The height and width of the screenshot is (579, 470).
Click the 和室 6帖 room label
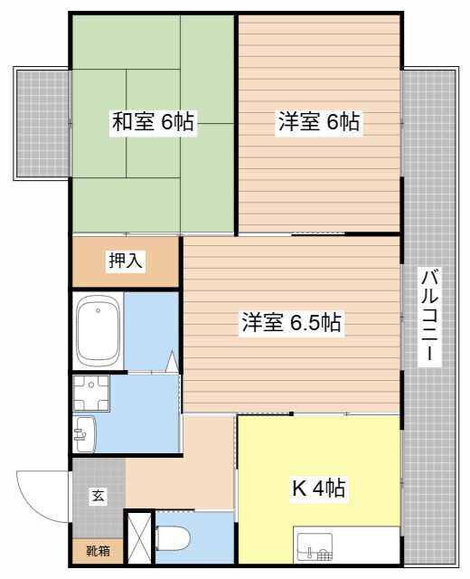coord(153,122)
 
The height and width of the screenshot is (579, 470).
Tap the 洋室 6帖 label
coord(319,122)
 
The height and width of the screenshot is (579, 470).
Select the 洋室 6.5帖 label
coord(291,322)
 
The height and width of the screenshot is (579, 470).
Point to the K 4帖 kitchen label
coord(317,489)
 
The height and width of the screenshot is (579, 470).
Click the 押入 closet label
coord(125,261)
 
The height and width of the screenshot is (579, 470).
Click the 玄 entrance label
coord(96,496)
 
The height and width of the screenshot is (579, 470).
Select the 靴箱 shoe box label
coord(99,550)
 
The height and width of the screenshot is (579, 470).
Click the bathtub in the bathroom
coord(97,330)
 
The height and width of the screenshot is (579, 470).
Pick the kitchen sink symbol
coord(315,546)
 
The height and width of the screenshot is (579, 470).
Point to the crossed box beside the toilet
coord(139,539)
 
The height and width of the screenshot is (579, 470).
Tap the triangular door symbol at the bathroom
coord(170,363)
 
